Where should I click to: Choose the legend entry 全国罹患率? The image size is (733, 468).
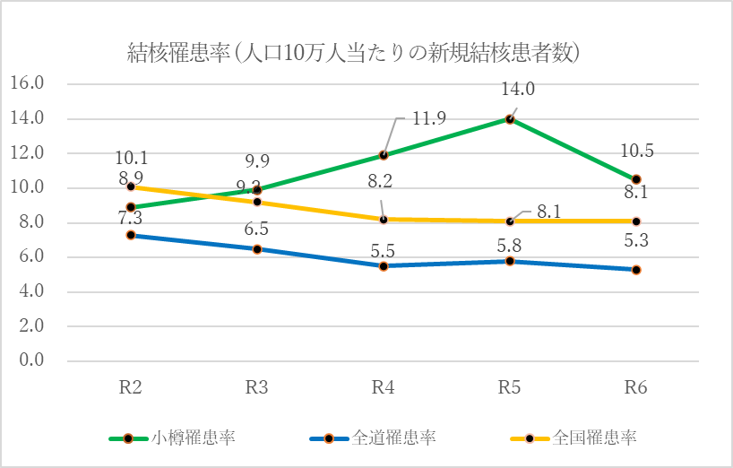click(x=594, y=438)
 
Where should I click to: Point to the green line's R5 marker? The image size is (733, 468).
click(x=510, y=119)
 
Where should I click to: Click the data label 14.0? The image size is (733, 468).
click(x=518, y=89)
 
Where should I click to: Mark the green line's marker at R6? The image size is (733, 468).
click(x=636, y=179)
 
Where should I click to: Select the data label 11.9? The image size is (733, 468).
click(x=429, y=118)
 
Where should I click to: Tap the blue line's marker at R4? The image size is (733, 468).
click(x=384, y=266)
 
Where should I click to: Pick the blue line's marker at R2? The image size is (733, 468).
click(x=131, y=235)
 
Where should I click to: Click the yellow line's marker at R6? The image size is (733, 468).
click(x=636, y=221)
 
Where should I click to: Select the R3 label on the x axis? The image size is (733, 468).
click(x=257, y=386)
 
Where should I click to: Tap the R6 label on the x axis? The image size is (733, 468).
click(x=636, y=386)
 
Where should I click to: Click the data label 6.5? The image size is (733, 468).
click(x=257, y=230)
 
